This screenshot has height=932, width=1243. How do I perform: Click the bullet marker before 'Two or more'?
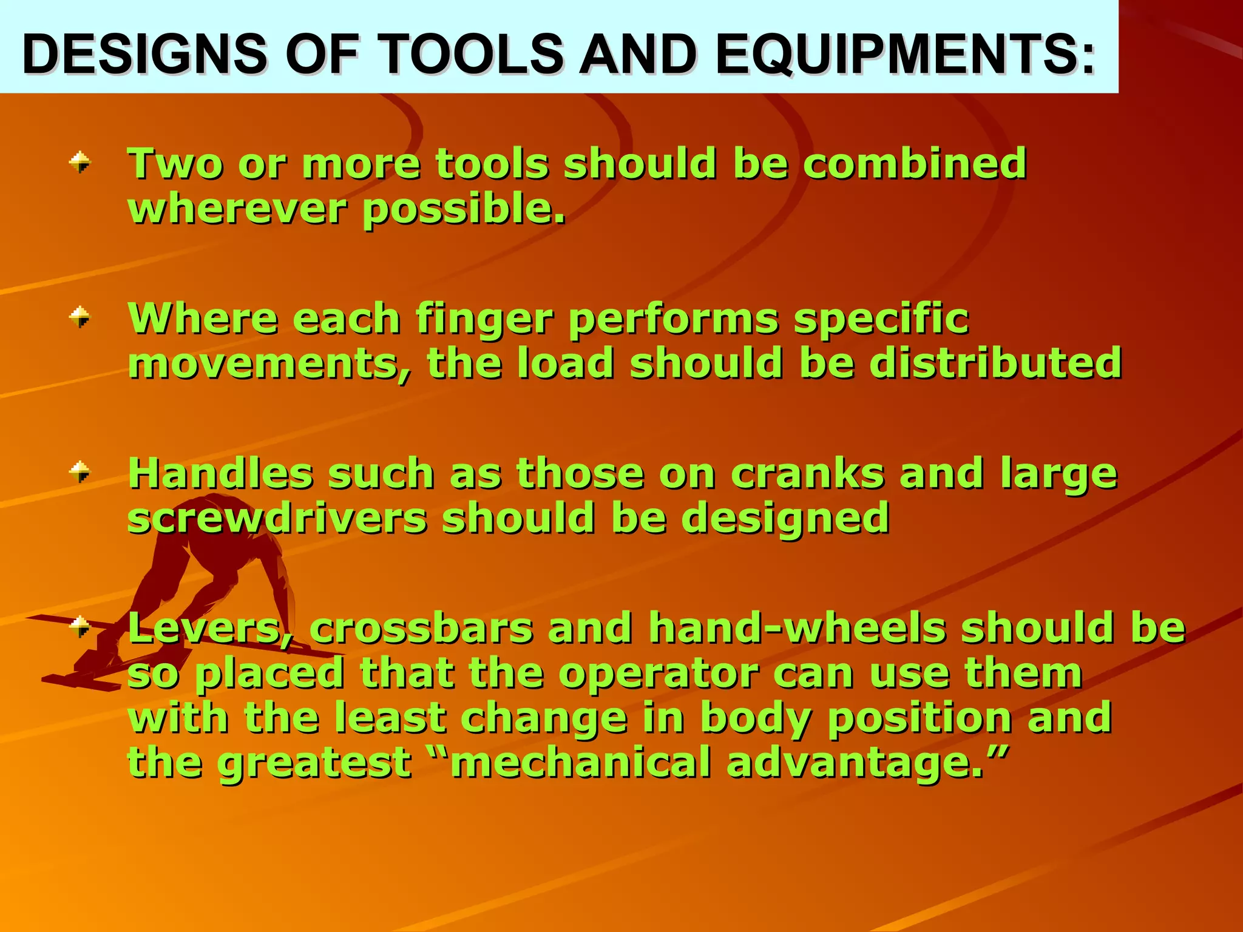(x=80, y=162)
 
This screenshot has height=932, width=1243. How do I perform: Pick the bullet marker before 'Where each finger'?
(x=80, y=317)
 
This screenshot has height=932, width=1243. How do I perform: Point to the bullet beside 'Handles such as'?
(x=80, y=471)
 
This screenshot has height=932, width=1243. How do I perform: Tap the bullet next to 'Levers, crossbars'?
(x=80, y=626)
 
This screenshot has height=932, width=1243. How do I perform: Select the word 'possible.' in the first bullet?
(x=464, y=209)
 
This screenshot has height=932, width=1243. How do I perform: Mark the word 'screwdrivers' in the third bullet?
(x=277, y=518)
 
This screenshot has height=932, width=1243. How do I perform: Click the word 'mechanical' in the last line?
(x=580, y=762)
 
